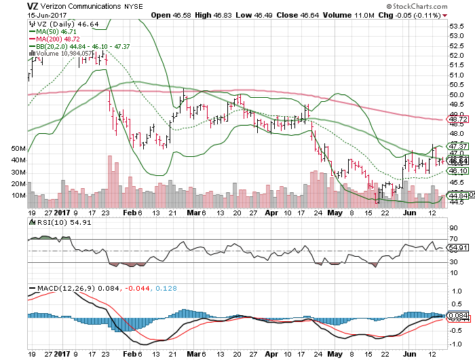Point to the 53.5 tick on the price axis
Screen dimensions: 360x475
pyautogui.click(x=457, y=25)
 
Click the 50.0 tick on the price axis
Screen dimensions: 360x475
pyautogui.click(x=457, y=94)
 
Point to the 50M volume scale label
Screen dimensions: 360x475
pyautogui.click(x=18, y=148)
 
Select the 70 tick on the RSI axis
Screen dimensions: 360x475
pyautogui.click(x=453, y=240)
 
